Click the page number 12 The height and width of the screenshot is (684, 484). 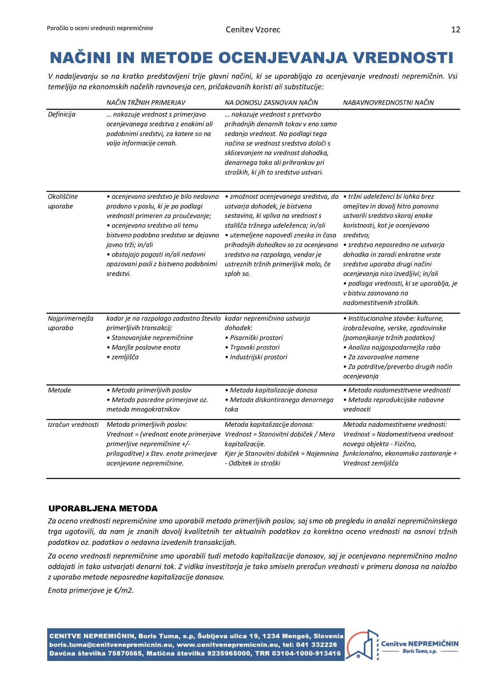[x=456, y=30]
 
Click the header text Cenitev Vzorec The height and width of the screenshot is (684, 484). [x=253, y=30]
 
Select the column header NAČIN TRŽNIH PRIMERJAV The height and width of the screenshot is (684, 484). [x=146, y=103]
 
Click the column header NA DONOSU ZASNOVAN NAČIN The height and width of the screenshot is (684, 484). [x=271, y=103]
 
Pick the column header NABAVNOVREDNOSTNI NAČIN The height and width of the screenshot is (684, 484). [x=388, y=103]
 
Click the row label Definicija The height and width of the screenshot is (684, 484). [x=62, y=114]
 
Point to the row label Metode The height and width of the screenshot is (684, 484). [x=59, y=390]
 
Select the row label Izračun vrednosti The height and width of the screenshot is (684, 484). [x=73, y=424]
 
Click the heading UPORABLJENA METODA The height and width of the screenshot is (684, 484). [x=103, y=509]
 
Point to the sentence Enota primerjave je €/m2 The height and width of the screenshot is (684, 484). [x=91, y=590]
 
